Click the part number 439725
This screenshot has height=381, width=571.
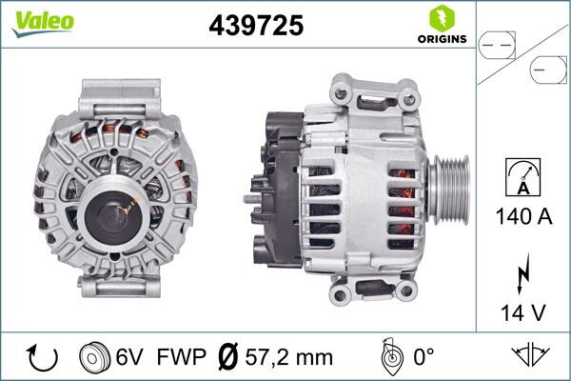[255, 26]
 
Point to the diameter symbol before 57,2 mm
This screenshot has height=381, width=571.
[228, 357]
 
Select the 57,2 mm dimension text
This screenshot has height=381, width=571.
[286, 357]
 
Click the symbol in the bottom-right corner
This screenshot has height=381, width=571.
[532, 356]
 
